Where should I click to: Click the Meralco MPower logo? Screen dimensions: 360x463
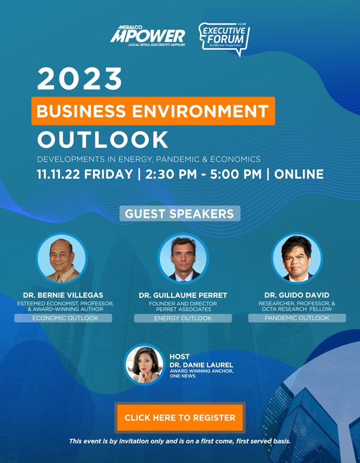[148, 35]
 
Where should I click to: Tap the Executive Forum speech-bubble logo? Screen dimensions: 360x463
[224, 39]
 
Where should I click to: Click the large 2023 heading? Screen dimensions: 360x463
[80, 79]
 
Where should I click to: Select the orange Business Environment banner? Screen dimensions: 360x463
[153, 111]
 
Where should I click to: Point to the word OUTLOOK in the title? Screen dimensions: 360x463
[103, 140]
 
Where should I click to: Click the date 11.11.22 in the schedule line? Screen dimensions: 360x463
[58, 174]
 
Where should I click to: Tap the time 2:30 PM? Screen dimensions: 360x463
[171, 174]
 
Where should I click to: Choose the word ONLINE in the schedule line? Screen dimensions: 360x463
[299, 174]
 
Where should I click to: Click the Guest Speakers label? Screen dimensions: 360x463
[180, 214]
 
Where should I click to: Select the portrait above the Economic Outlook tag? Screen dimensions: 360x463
[62, 259]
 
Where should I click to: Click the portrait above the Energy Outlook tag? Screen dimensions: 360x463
[183, 259]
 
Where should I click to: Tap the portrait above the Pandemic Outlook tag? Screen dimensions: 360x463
[297, 259]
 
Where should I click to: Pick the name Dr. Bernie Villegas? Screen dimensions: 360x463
[63, 295]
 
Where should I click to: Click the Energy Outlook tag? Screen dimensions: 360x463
[183, 318]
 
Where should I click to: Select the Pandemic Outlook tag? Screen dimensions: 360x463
[297, 318]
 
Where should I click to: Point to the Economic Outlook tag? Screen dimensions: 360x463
[63, 318]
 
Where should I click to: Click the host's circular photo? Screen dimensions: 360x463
[144, 365]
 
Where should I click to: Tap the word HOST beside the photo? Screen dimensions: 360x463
[179, 356]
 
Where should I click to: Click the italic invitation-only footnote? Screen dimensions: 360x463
[180, 441]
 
